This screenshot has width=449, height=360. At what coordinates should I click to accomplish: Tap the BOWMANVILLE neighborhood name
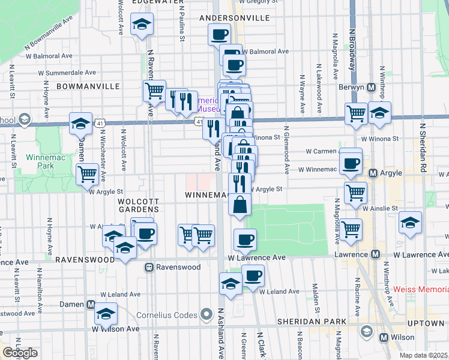coord(88,86)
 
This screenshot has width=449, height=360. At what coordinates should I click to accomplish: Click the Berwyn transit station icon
coord(372,87)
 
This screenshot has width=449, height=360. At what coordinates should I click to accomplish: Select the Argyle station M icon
coord(373,173)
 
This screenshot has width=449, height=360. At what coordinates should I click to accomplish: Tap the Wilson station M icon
coord(384,338)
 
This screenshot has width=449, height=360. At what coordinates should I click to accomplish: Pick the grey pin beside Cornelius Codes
coord(206,314)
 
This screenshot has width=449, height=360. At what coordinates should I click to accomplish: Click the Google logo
coord(20,353)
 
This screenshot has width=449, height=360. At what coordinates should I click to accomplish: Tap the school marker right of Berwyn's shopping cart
coord(379,113)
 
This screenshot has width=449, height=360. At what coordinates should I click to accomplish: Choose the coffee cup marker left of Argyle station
coord(351,163)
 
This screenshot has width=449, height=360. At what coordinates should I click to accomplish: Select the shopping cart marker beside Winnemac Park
coord(88,174)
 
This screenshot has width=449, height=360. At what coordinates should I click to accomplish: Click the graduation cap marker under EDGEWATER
coord(142,25)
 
